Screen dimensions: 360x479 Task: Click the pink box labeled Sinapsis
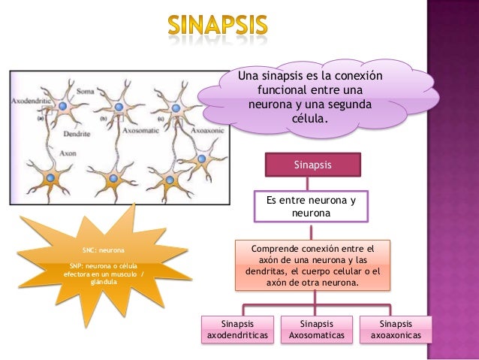(x=312, y=164)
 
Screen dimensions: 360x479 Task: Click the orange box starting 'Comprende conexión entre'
(x=312, y=265)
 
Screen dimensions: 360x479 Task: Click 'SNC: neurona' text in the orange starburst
(x=104, y=249)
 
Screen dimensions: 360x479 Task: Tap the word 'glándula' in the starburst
(x=104, y=283)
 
